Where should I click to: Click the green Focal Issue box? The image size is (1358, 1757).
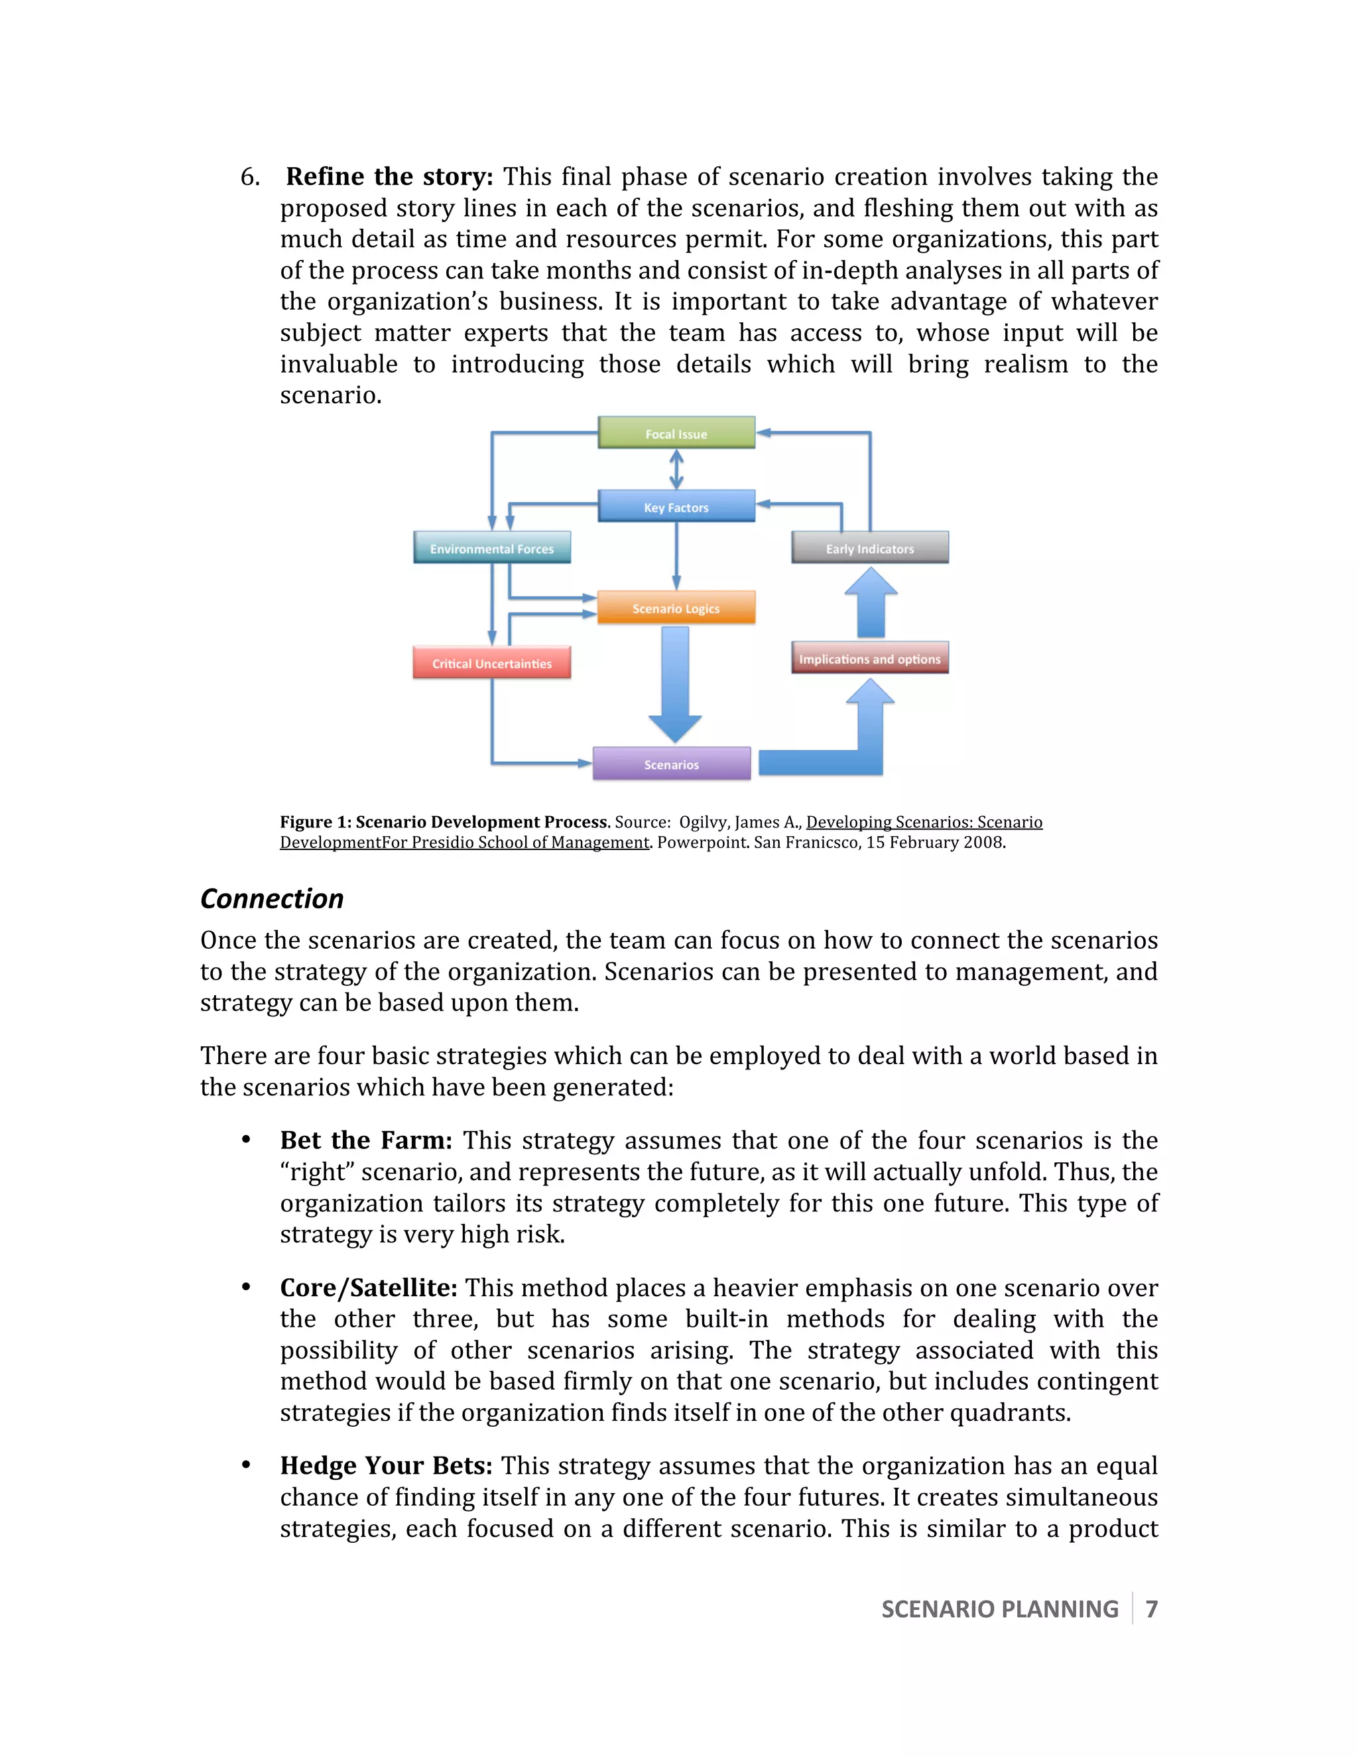[676, 433]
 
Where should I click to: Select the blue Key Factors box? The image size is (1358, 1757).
[676, 507]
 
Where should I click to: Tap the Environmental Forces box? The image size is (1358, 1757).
[491, 548]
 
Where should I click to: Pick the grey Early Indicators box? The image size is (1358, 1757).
[870, 548]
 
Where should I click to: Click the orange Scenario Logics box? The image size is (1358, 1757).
[676, 608]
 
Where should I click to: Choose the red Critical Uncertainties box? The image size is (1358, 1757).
[491, 663]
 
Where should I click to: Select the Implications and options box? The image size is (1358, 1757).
[870, 658]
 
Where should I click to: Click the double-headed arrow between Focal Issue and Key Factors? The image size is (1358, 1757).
[676, 469]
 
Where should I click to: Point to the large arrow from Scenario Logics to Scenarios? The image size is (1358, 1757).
[675, 684]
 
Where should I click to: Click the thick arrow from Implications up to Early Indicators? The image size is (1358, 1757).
[871, 603]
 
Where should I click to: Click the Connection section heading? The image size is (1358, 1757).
[272, 898]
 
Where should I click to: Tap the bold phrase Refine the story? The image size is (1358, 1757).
[389, 177]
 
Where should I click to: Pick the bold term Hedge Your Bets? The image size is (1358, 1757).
[386, 1466]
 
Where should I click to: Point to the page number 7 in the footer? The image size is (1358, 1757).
[1151, 1609]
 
